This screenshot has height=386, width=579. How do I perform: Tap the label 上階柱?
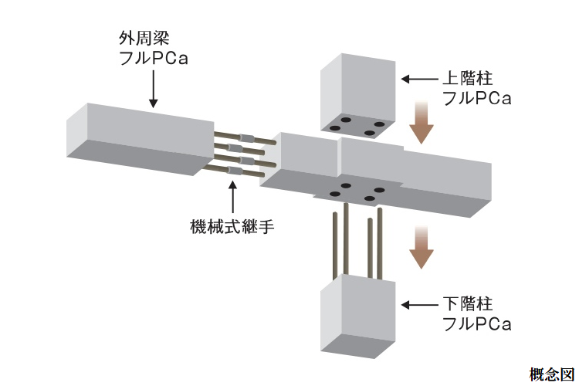click(x=466, y=79)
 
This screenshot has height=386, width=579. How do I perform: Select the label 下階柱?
click(x=466, y=303)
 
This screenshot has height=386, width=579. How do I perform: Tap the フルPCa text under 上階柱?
click(x=476, y=99)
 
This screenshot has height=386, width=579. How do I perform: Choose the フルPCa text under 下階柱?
click(x=476, y=323)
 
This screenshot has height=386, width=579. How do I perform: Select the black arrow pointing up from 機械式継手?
click(x=232, y=195)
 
